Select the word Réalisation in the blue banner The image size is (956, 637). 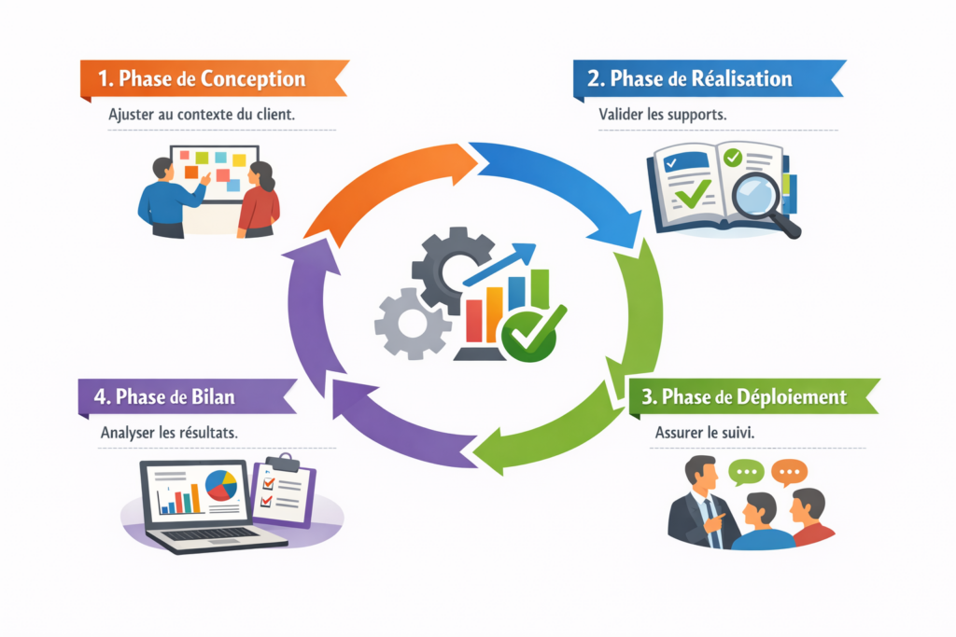coord(738,78)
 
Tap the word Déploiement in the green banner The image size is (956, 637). coord(789,397)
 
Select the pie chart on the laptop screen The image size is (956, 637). coord(221,485)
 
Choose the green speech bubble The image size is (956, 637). coord(745,473)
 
